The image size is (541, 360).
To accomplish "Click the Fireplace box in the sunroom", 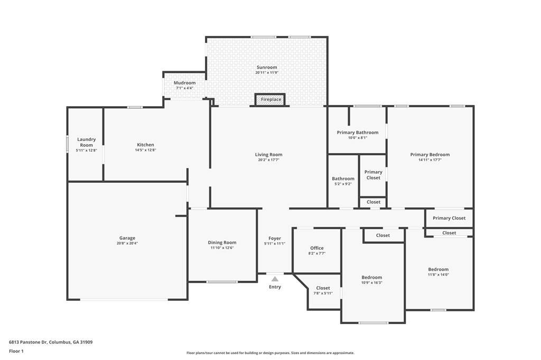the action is coord(270,99).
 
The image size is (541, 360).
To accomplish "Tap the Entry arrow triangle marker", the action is coord(275,279).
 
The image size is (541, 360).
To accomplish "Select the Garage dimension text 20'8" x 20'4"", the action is coord(127,243).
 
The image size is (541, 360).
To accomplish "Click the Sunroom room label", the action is coord(267,67).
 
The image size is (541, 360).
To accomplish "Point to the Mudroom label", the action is coord(184,83).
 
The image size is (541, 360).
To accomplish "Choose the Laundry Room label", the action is coord(86,142).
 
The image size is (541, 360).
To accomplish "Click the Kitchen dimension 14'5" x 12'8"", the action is coord(146,150).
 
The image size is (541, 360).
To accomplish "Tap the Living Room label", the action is coord(269,155).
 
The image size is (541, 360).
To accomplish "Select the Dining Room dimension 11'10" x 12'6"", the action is coord(222,248).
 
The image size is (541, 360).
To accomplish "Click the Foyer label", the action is coord(275,238).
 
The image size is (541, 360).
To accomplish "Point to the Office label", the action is coord(317,248).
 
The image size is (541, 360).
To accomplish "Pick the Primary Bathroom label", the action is coord(358,132).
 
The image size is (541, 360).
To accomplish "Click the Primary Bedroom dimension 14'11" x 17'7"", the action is coord(430,159).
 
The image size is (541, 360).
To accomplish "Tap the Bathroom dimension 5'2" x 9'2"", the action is coord(343,184).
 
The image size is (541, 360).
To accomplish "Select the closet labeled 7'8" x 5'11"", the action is coord(323,290).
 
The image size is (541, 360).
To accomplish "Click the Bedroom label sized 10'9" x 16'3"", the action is coord(371,277).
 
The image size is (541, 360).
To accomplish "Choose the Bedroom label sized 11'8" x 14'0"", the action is coord(439,269).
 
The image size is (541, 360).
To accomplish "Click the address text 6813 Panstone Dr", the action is coord(28,343).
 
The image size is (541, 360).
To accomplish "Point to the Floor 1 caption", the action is coord(16,352).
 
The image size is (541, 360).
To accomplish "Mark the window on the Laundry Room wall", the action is coord(67,144).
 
